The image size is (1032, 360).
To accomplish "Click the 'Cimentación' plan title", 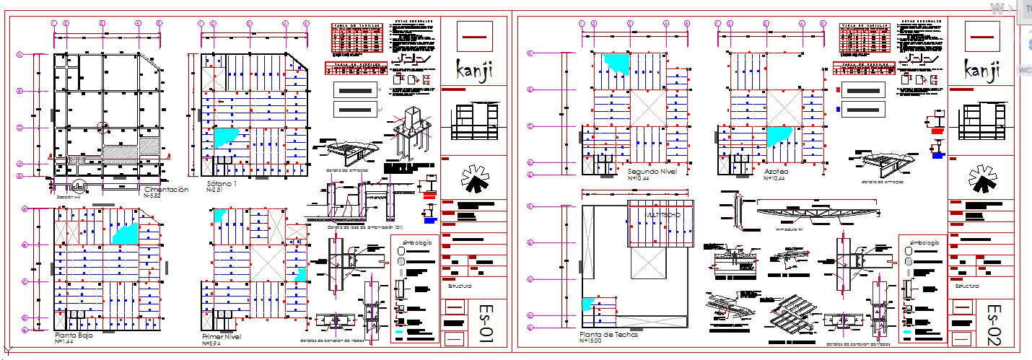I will pyautogui.click(x=166, y=189).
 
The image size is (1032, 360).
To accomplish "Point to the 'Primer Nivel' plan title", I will pyautogui.click(x=222, y=336).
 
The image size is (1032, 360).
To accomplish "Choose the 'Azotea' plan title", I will pyautogui.click(x=777, y=172).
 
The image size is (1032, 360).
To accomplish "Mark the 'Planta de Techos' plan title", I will pyautogui.click(x=609, y=335).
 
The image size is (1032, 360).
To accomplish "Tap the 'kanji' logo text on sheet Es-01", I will pyautogui.click(x=475, y=70).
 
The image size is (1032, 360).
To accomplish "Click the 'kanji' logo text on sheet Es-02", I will pyautogui.click(x=983, y=70).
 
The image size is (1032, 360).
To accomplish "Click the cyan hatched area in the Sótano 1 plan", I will pyautogui.click(x=225, y=135).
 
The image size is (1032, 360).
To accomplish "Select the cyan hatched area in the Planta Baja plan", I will pyautogui.click(x=124, y=232).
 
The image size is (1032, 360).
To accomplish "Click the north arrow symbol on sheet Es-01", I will pyautogui.click(x=473, y=178).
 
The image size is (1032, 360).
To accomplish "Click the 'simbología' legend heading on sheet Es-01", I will pyautogui.click(x=418, y=242).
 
